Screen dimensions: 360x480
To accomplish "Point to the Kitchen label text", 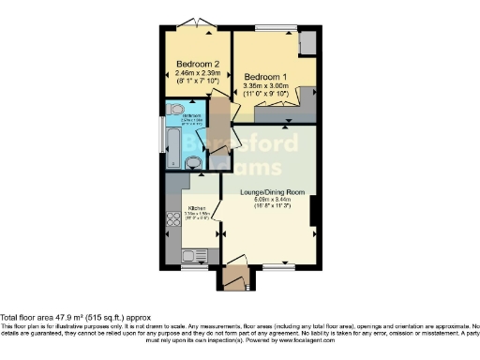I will tap(197, 208).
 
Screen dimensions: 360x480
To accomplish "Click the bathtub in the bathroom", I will tap(173, 142).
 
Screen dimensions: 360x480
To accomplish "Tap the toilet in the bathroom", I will tap(194, 163).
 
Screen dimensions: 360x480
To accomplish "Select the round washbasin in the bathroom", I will tap(178, 109).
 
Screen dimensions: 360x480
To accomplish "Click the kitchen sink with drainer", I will tap(196, 255).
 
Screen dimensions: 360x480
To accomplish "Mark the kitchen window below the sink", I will tap(194, 267).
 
